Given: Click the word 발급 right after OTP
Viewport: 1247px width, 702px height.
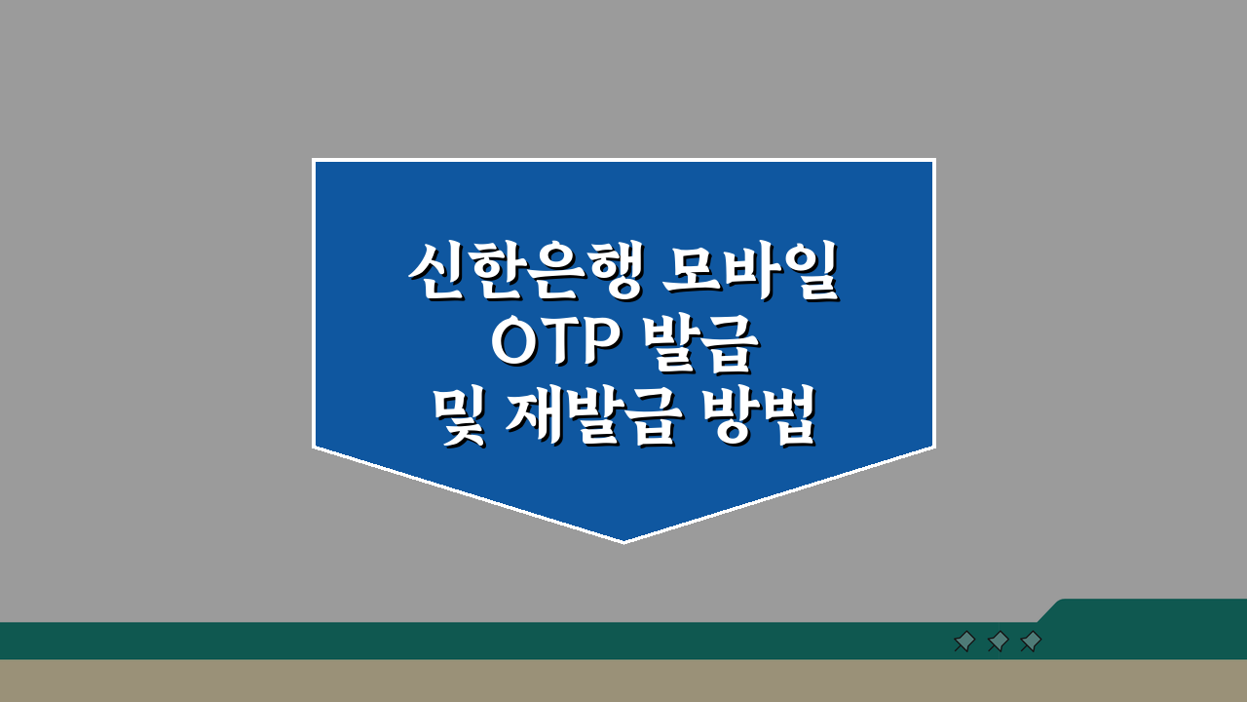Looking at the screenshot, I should point(698,346).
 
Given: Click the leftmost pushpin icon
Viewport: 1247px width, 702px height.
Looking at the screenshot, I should point(964,642).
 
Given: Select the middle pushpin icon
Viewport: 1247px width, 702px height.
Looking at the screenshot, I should point(998,642).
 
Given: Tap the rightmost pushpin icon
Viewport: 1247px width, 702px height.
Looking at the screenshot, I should point(1031,642).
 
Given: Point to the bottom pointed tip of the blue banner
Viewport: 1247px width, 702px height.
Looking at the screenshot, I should point(623,540).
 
